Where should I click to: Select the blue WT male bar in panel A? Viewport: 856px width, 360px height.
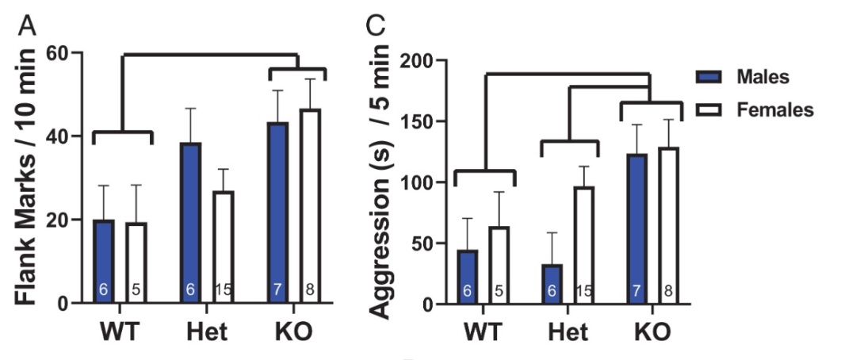104,262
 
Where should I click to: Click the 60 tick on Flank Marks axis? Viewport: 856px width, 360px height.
60,52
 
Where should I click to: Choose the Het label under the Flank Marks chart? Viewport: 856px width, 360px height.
207,331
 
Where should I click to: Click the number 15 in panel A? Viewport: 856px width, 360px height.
223,290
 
